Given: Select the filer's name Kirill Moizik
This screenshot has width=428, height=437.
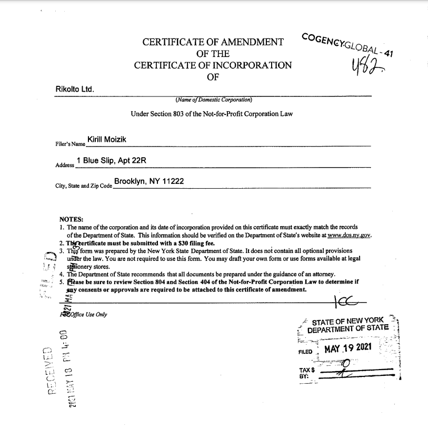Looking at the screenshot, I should tap(106, 140).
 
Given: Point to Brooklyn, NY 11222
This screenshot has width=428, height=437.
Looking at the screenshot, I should tap(148, 181).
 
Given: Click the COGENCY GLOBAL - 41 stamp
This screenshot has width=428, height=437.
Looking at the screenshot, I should tap(348, 45).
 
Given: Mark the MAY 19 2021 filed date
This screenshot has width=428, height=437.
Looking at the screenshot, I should tap(348, 348).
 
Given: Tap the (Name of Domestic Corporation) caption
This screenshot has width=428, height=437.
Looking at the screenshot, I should tap(214, 99).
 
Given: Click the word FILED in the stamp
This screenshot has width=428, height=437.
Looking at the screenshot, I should tap(305, 351).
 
